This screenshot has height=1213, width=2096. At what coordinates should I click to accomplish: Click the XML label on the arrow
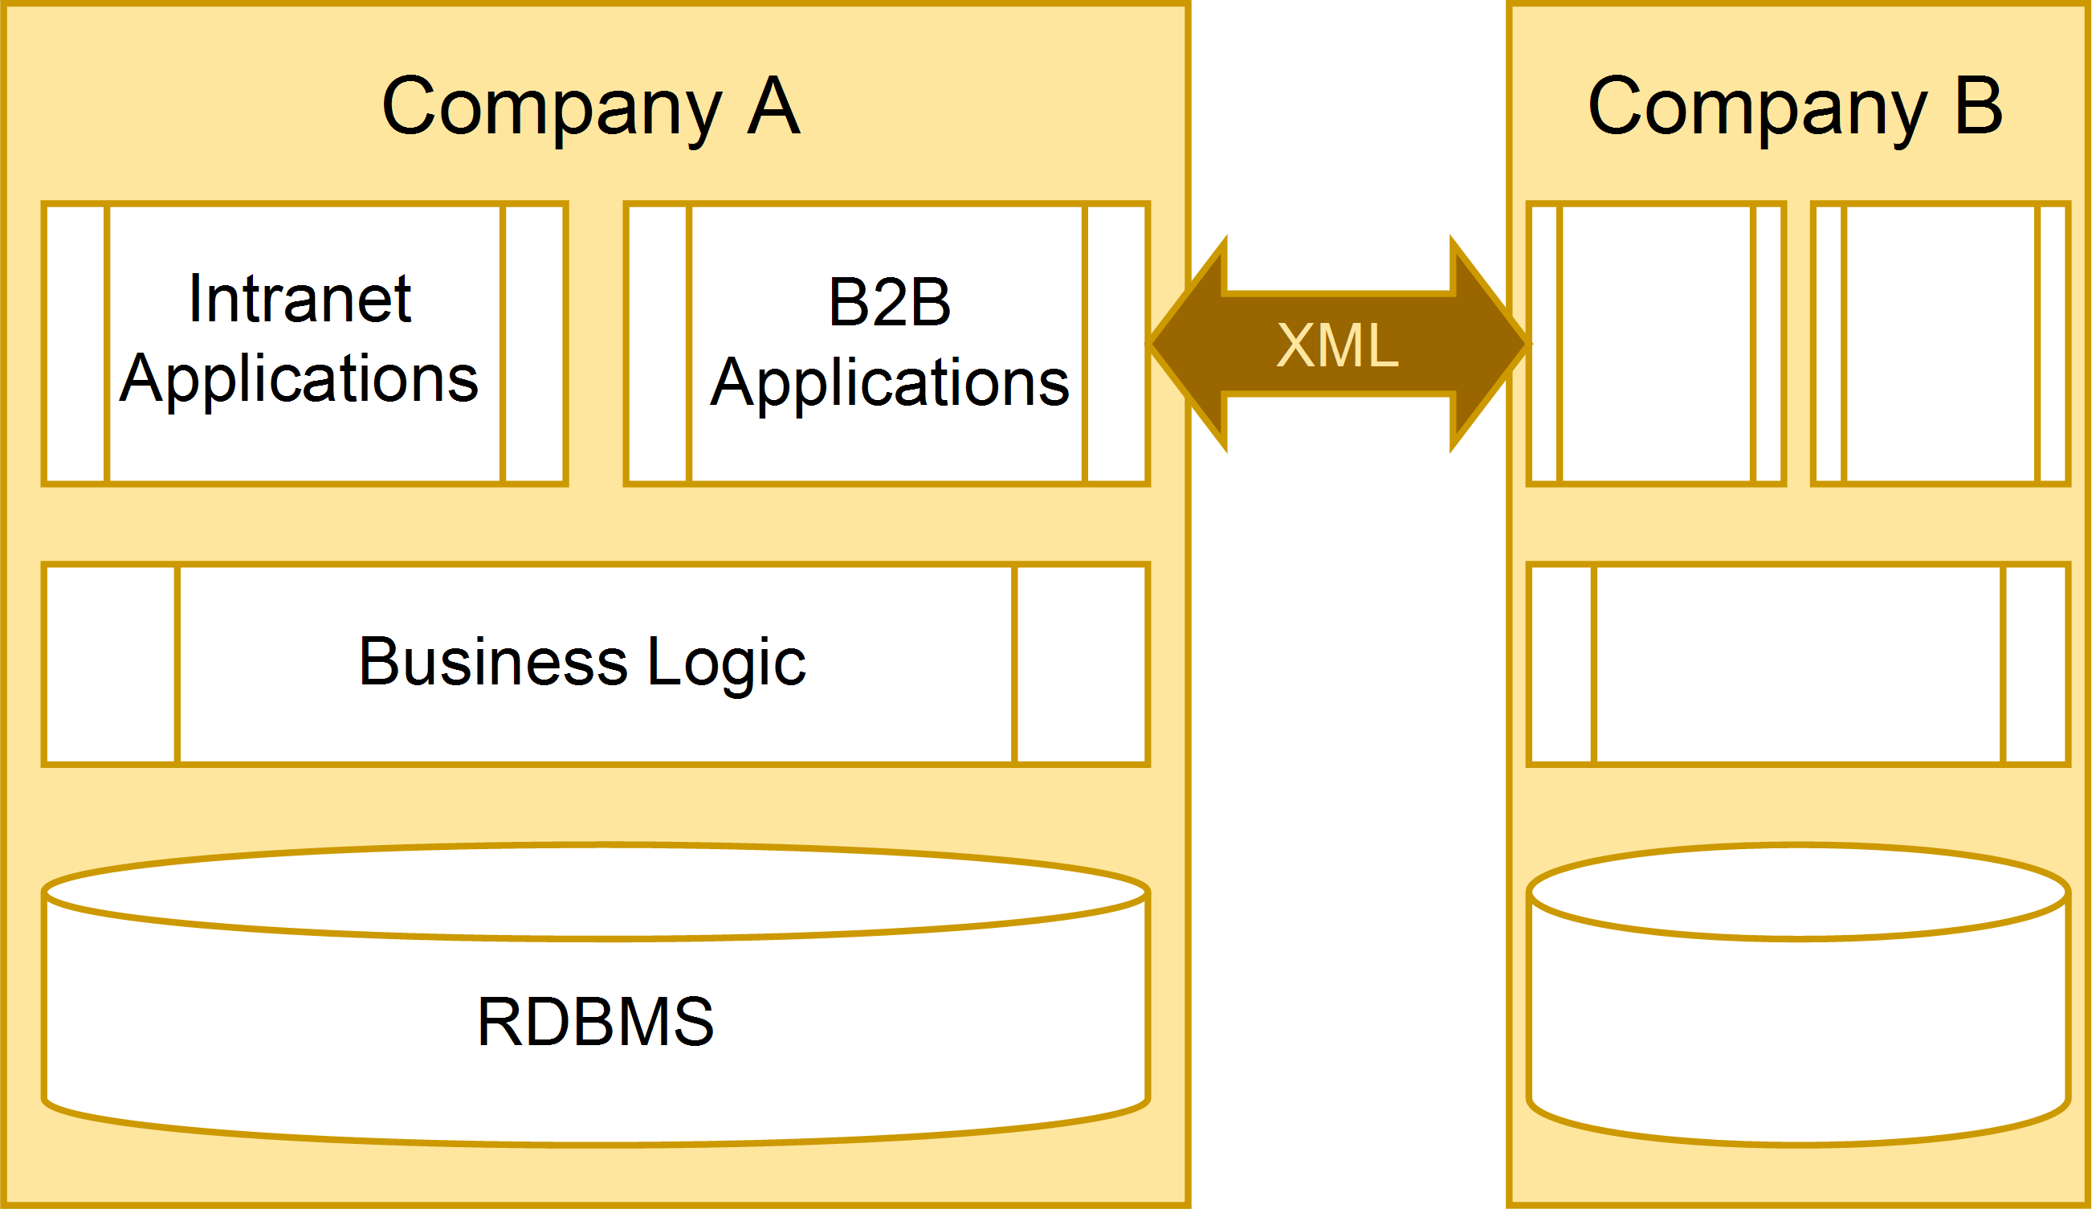[x=1337, y=345]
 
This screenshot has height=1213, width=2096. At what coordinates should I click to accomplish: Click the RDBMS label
[x=595, y=1022]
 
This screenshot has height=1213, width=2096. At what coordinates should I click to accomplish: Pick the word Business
[x=492, y=661]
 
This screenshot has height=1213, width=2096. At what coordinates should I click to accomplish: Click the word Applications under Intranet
[x=299, y=379]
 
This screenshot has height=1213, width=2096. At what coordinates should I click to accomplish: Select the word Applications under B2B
[x=889, y=382]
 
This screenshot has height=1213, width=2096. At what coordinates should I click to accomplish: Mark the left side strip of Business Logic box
[x=112, y=664]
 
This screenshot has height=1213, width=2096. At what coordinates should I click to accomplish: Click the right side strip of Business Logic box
[x=1081, y=664]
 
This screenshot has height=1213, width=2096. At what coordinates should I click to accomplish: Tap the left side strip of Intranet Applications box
[x=76, y=343]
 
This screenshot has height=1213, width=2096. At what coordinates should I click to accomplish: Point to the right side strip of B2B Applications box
[x=1116, y=343]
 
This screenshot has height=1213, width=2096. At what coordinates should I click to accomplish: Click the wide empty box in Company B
[x=1798, y=664]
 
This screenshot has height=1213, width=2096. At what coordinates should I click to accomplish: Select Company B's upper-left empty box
[x=1656, y=343]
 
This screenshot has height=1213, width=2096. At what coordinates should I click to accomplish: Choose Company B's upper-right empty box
[x=1940, y=343]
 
